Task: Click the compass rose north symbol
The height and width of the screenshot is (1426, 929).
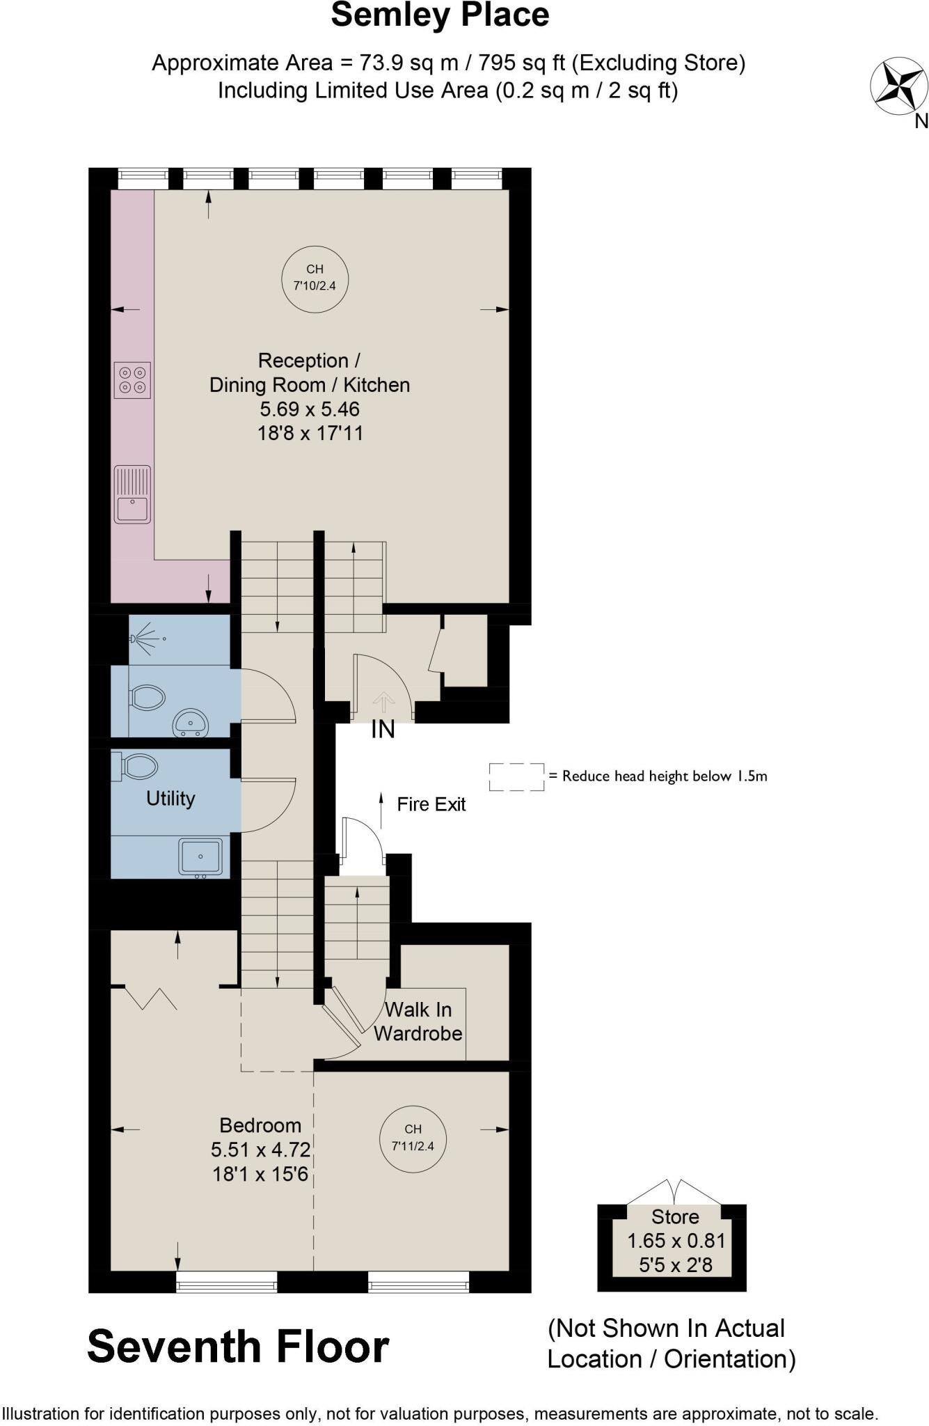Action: (x=899, y=87)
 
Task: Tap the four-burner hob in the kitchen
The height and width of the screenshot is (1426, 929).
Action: (x=132, y=379)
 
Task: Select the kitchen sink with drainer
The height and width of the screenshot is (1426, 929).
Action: (x=132, y=494)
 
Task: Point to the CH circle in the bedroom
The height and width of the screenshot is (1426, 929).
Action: (x=413, y=1138)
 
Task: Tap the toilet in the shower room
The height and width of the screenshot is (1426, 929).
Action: (x=147, y=697)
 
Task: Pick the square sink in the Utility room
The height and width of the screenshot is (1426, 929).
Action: (x=200, y=856)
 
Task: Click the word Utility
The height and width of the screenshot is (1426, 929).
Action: (x=170, y=798)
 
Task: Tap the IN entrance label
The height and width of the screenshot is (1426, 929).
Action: (x=383, y=729)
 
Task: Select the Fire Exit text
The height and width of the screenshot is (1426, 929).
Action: (x=431, y=804)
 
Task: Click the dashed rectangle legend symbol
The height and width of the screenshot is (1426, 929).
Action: (x=516, y=776)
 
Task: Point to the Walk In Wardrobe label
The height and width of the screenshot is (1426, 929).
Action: (x=418, y=1021)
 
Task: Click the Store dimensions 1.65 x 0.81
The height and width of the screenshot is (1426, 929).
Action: (x=676, y=1241)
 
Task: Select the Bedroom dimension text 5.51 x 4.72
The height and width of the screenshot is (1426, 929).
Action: (x=260, y=1149)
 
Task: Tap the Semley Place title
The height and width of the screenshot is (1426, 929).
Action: (x=440, y=15)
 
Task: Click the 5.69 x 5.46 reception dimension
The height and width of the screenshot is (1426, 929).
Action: (x=310, y=409)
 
